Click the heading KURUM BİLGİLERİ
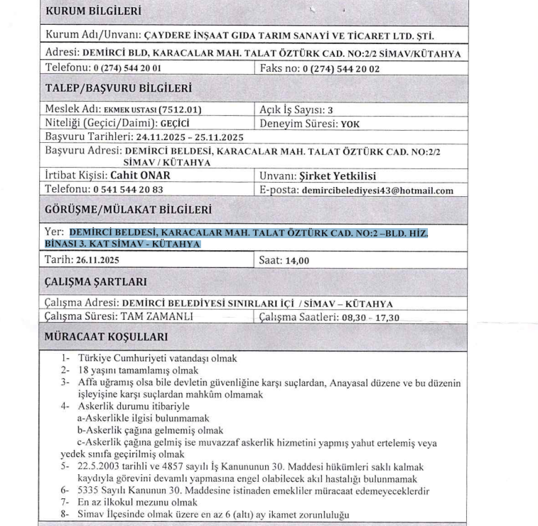[93, 11]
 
